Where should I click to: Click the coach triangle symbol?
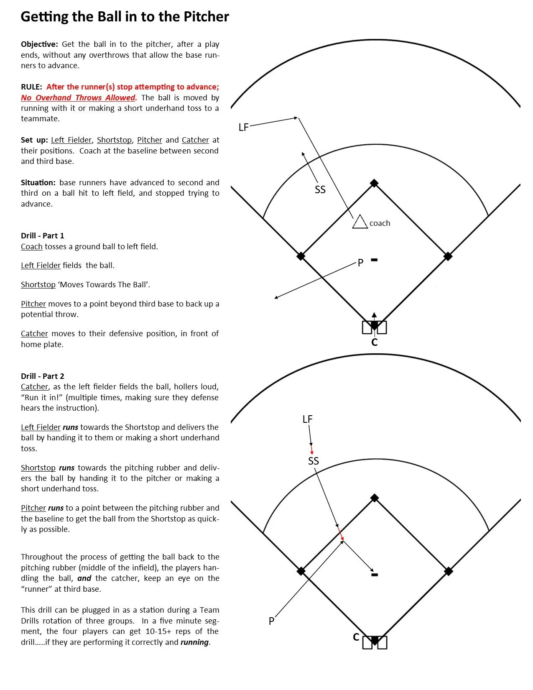click(360, 222)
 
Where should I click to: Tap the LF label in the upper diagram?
click(243, 127)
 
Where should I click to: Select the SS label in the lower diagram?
click(313, 461)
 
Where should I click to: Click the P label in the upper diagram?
click(360, 263)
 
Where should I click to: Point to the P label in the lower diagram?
click(271, 621)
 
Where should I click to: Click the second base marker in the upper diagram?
click(374, 183)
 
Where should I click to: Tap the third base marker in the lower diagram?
click(301, 571)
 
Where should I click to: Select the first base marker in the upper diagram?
click(448, 256)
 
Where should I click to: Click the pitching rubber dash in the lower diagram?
click(375, 575)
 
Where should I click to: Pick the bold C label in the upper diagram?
click(374, 342)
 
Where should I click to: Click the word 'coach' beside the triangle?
click(380, 223)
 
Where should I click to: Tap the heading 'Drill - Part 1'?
click(43, 235)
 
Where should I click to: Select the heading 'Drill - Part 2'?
click(43, 376)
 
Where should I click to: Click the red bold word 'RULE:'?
click(32, 87)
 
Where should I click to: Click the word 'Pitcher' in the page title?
click(206, 17)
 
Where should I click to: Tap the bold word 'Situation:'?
click(38, 183)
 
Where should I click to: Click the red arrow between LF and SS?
click(312, 451)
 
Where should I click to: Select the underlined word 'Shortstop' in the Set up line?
click(114, 140)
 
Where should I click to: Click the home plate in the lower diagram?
click(375, 640)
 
